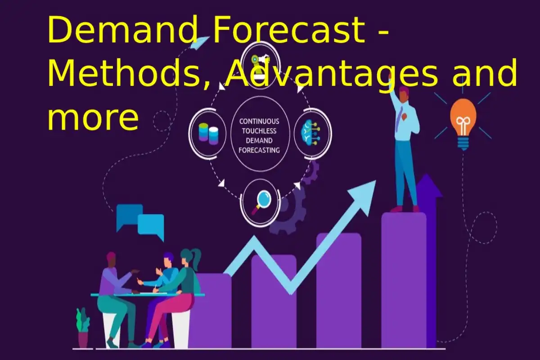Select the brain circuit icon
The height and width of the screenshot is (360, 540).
pos(310,133)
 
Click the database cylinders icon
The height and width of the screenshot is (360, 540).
pos(208,134)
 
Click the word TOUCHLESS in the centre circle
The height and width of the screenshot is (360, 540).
pos(259,131)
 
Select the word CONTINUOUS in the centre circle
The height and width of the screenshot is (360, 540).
pos(259,121)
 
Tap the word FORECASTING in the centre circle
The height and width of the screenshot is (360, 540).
pos(259,150)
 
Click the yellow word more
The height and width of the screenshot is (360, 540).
pos(93,119)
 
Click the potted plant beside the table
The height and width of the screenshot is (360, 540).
pos(83,328)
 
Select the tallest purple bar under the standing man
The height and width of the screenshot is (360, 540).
pos(404,280)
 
